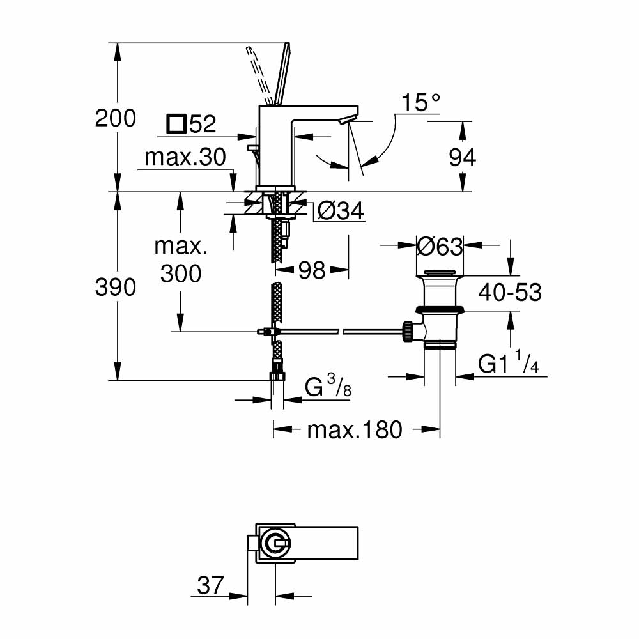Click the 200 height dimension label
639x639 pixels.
[x=116, y=118]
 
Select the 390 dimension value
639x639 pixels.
[x=116, y=288]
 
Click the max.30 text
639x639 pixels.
[x=185, y=157]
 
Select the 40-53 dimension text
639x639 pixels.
[x=511, y=293]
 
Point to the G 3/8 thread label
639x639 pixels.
[x=328, y=388]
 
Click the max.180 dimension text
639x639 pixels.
[x=355, y=430]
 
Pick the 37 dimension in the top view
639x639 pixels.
[x=211, y=585]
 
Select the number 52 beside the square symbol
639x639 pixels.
[x=203, y=124]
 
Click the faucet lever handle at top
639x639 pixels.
[x=279, y=73]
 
